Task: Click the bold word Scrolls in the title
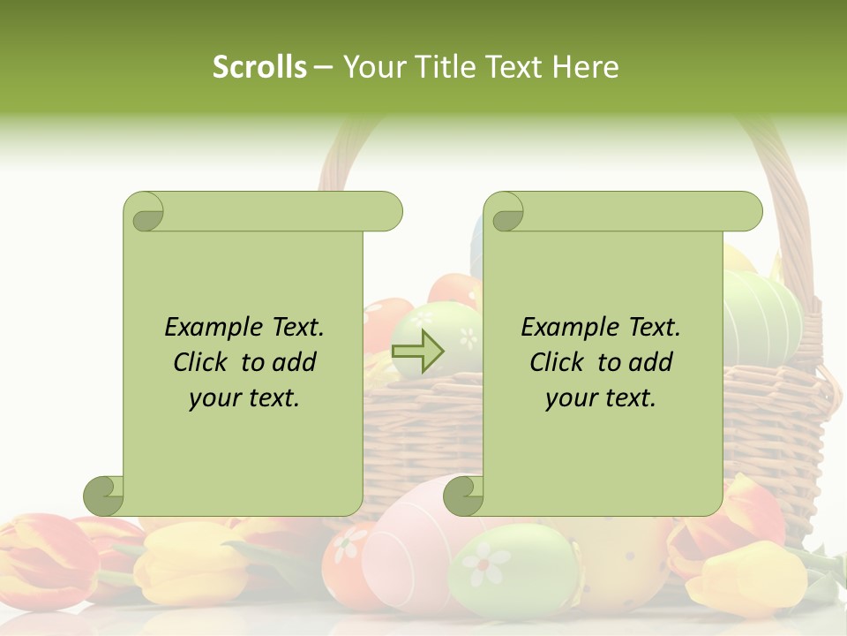coord(259,67)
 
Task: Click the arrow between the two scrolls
coord(417,352)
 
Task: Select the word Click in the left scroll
coord(201,362)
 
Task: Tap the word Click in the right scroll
coord(557,362)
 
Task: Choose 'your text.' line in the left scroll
coord(244,398)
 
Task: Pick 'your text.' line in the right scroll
coord(600,398)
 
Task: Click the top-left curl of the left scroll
coord(144,212)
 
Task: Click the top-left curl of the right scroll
coord(504,212)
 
